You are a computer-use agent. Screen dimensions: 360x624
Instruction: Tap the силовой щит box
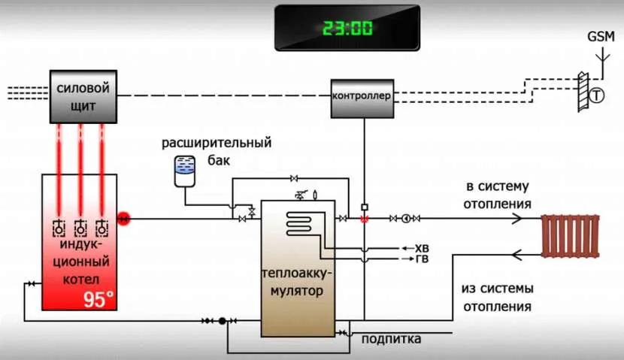[83, 96]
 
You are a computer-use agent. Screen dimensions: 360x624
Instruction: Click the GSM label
[601, 36]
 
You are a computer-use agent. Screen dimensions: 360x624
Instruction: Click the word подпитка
[391, 340]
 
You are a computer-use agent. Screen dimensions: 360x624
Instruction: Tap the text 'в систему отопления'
[498, 195]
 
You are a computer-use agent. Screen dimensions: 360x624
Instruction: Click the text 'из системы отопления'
[498, 298]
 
